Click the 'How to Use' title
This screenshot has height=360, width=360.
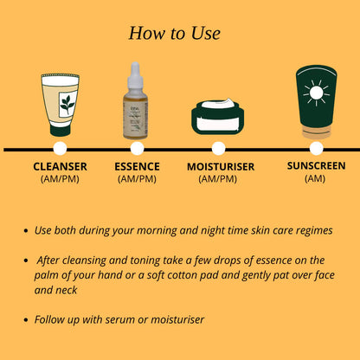(174, 33)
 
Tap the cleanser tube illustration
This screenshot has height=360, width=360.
(60, 103)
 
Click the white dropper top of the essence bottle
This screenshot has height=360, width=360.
(135, 76)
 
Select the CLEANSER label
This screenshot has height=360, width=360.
(60, 166)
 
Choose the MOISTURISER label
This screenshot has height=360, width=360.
(220, 166)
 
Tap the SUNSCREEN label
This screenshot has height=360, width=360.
(316, 165)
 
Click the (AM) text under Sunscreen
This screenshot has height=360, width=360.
(316, 178)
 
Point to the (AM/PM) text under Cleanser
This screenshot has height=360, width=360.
(60, 179)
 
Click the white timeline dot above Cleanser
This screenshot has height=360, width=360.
(60, 149)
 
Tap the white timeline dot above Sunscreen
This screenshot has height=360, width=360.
(317, 149)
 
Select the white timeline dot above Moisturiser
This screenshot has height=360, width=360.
(218, 149)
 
